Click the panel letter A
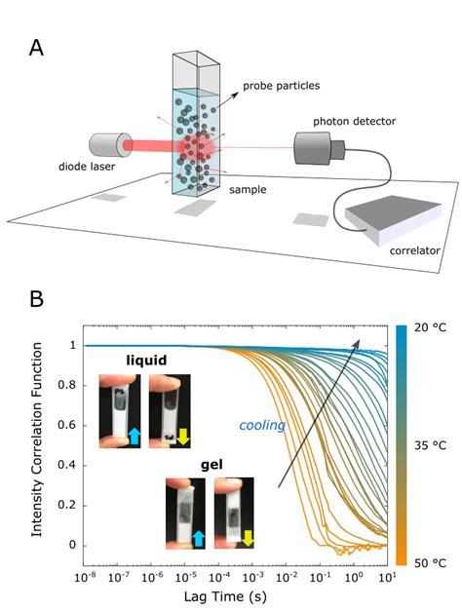point(35,47)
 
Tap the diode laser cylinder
point(106,146)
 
